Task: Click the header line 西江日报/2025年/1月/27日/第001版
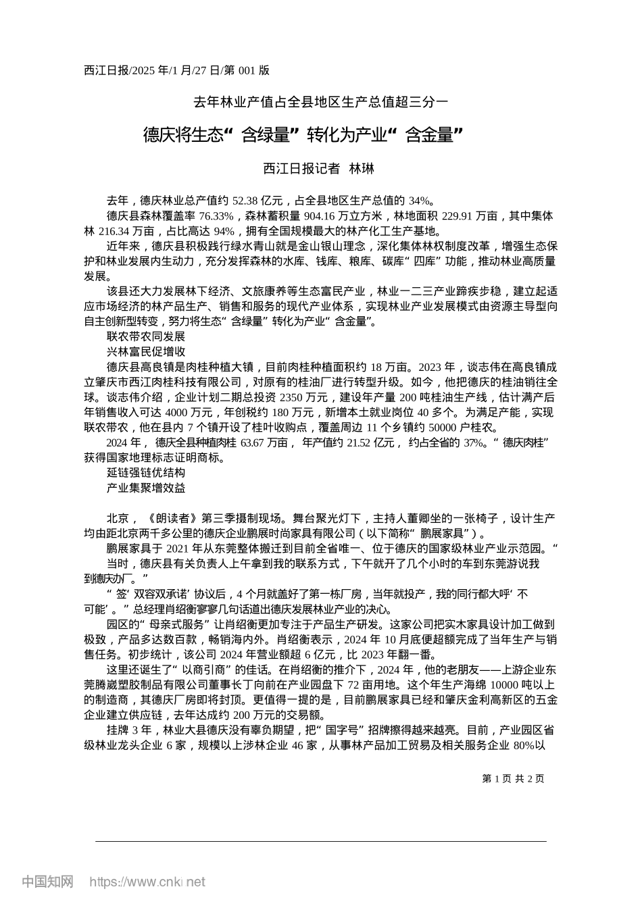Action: click(x=176, y=70)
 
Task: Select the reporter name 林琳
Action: click(x=361, y=169)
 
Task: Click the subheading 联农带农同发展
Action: click(x=146, y=336)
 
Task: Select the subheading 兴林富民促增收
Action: click(x=146, y=351)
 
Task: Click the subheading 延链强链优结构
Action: click(x=146, y=473)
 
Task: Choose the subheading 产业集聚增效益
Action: click(x=146, y=488)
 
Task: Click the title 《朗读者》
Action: click(x=172, y=519)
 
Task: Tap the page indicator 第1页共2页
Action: click(x=514, y=778)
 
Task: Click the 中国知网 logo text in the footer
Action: click(x=48, y=882)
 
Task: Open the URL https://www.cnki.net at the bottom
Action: click(x=147, y=882)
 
